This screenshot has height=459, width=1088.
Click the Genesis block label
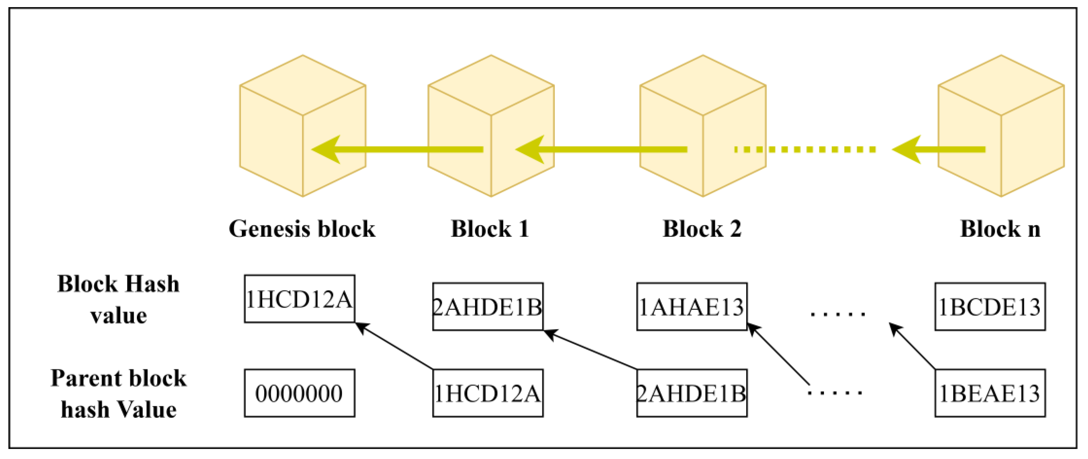point(302,229)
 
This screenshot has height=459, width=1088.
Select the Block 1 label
point(490,229)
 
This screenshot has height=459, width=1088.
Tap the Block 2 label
point(702,229)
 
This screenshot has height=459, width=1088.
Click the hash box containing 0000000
point(299,393)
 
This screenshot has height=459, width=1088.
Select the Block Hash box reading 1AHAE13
point(691,306)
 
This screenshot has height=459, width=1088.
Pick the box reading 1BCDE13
point(990,306)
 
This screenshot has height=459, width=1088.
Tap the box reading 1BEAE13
point(990,393)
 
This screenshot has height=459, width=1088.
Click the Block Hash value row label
point(118,299)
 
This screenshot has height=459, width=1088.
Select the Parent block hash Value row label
point(118,394)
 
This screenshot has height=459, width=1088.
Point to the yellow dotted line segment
point(805,149)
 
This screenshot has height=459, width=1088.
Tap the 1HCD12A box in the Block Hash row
point(299,299)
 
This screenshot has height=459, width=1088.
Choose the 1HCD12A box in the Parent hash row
point(487,393)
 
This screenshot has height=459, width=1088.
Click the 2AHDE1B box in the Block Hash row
point(487,306)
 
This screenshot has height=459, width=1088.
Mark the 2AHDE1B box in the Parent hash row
point(691,393)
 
